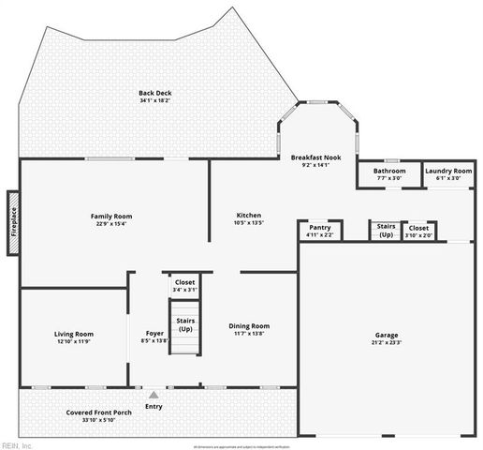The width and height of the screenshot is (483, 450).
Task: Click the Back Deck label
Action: click(x=155, y=93)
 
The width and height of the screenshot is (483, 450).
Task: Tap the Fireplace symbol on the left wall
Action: click(x=13, y=223)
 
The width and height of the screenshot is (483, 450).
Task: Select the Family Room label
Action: click(x=111, y=216)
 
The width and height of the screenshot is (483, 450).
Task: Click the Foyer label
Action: click(x=155, y=333)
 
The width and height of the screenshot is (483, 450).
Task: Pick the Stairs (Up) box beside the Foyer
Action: click(x=185, y=325)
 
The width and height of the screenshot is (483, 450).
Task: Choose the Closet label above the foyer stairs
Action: click(x=185, y=282)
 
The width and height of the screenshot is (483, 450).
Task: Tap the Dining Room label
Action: click(x=249, y=325)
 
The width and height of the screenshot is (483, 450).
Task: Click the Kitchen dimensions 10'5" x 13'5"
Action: click(x=249, y=223)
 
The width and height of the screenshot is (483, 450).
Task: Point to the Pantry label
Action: click(x=319, y=227)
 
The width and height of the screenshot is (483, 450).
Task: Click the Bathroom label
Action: click(x=389, y=171)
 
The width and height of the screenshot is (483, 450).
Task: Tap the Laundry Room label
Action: click(x=448, y=171)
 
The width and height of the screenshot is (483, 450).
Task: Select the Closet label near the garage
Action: click(x=419, y=227)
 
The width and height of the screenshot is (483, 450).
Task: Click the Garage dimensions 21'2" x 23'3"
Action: click(x=387, y=342)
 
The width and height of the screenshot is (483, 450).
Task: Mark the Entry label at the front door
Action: click(x=154, y=406)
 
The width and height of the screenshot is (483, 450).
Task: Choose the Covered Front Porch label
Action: click(x=99, y=412)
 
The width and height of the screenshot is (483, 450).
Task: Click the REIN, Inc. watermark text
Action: click(x=18, y=444)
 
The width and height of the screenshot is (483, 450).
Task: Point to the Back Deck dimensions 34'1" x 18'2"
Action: click(x=155, y=101)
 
